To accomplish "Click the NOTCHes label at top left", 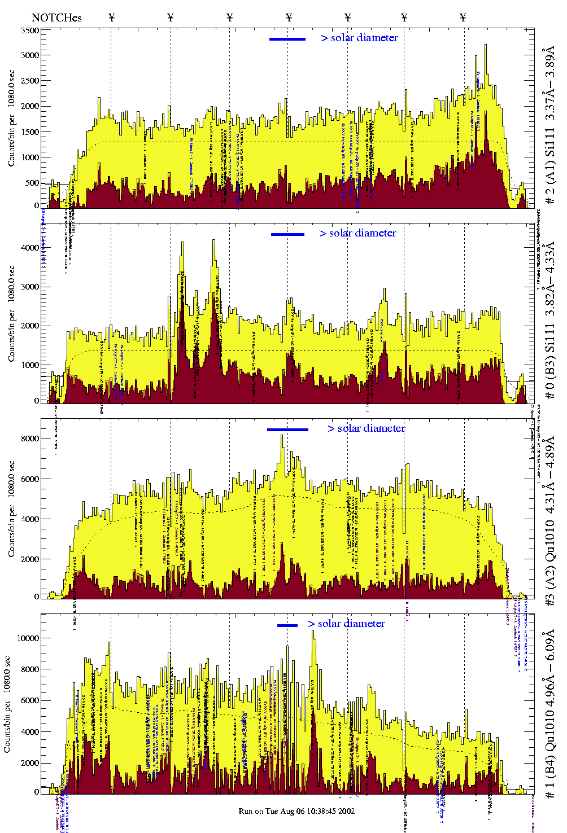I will point(56,17).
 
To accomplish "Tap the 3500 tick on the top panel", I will point(29,30).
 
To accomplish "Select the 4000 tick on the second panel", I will point(29,248).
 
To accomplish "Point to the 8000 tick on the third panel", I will point(29,439).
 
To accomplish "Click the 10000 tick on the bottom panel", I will point(28,638).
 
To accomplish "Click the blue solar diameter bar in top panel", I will point(287,39).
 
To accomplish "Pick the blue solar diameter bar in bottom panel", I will point(287,625).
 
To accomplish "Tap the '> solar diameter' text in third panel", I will point(366,428).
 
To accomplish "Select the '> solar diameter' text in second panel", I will point(357,233).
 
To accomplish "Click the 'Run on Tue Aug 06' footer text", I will point(296,811).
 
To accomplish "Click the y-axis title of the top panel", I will point(11,118).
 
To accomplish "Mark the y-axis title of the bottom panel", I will point(7,703).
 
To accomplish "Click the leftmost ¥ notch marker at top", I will point(111,17).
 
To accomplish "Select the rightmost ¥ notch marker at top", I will point(463,17).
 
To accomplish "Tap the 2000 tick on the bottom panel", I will point(29,762).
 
